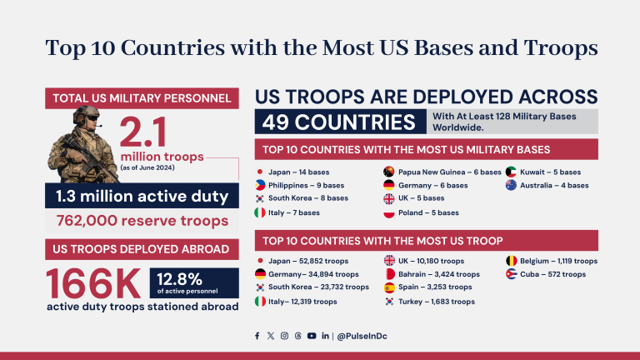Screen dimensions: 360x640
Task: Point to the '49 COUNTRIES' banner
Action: (x=338, y=122)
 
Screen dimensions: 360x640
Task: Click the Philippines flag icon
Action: (x=261, y=185)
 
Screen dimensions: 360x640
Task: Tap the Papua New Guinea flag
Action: (x=389, y=172)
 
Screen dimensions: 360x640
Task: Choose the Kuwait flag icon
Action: (x=511, y=172)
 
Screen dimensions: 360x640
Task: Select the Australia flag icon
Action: (x=511, y=185)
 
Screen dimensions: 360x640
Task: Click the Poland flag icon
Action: (x=389, y=212)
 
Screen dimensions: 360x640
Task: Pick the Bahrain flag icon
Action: (x=389, y=274)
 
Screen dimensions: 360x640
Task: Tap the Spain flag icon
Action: (x=389, y=287)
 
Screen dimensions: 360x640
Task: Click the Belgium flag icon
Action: (x=511, y=261)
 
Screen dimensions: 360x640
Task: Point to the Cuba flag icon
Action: (x=511, y=274)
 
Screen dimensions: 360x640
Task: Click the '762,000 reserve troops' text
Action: (x=142, y=221)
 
